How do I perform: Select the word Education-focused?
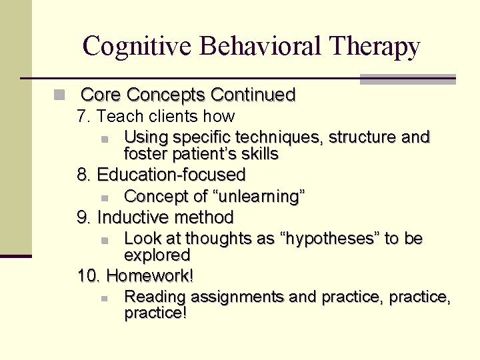coord(171,175)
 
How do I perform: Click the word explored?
coord(157,255)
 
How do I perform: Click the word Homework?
coord(150,275)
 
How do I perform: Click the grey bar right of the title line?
coord(407,79)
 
